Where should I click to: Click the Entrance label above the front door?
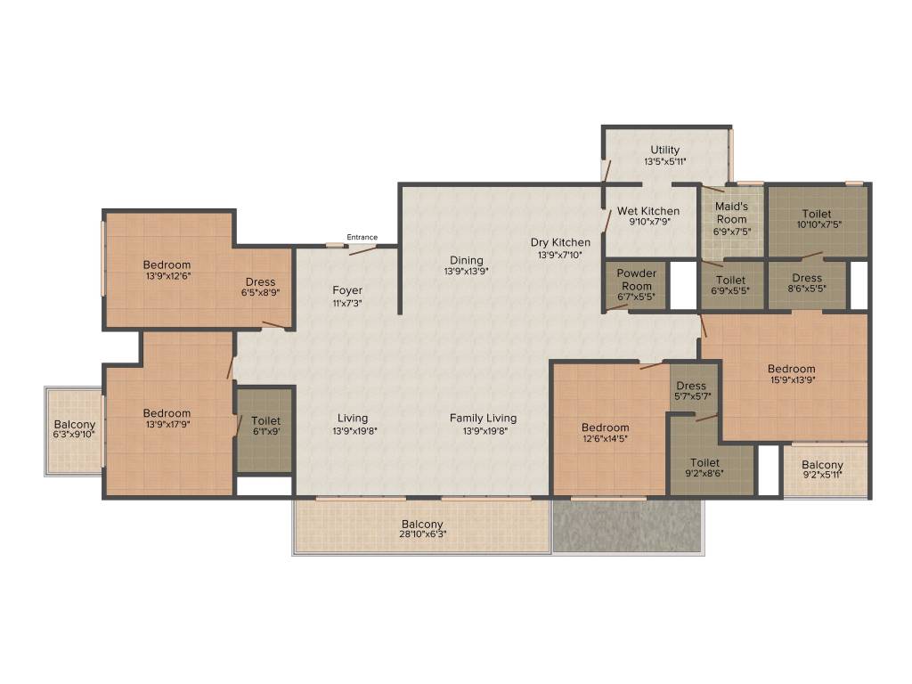click(362, 237)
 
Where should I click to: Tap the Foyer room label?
click(347, 290)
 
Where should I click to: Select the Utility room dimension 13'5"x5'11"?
click(664, 162)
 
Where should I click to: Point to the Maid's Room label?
click(731, 213)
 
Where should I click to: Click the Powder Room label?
click(636, 280)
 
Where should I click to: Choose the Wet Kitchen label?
click(648, 211)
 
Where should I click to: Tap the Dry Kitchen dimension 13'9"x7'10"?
click(560, 255)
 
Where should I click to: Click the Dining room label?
click(467, 261)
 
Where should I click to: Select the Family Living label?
click(484, 419)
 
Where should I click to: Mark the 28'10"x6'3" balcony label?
click(422, 534)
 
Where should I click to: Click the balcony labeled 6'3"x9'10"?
click(74, 429)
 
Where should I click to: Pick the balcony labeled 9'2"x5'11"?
click(822, 469)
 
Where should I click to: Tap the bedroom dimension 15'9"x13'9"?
click(792, 380)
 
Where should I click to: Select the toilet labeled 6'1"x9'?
click(265, 425)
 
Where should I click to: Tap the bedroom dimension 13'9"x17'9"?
click(167, 425)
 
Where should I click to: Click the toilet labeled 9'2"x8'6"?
click(704, 468)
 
